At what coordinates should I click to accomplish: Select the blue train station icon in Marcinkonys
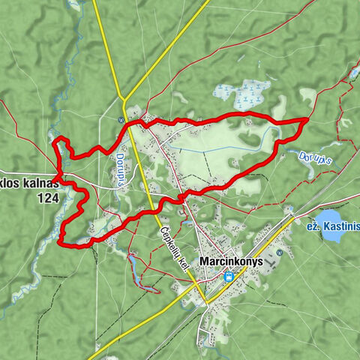[x=228, y=276]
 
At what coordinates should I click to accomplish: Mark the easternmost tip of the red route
[x=308, y=118]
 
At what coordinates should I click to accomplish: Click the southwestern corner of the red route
[x=61, y=242]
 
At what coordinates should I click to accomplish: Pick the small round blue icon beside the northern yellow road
[x=120, y=119]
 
